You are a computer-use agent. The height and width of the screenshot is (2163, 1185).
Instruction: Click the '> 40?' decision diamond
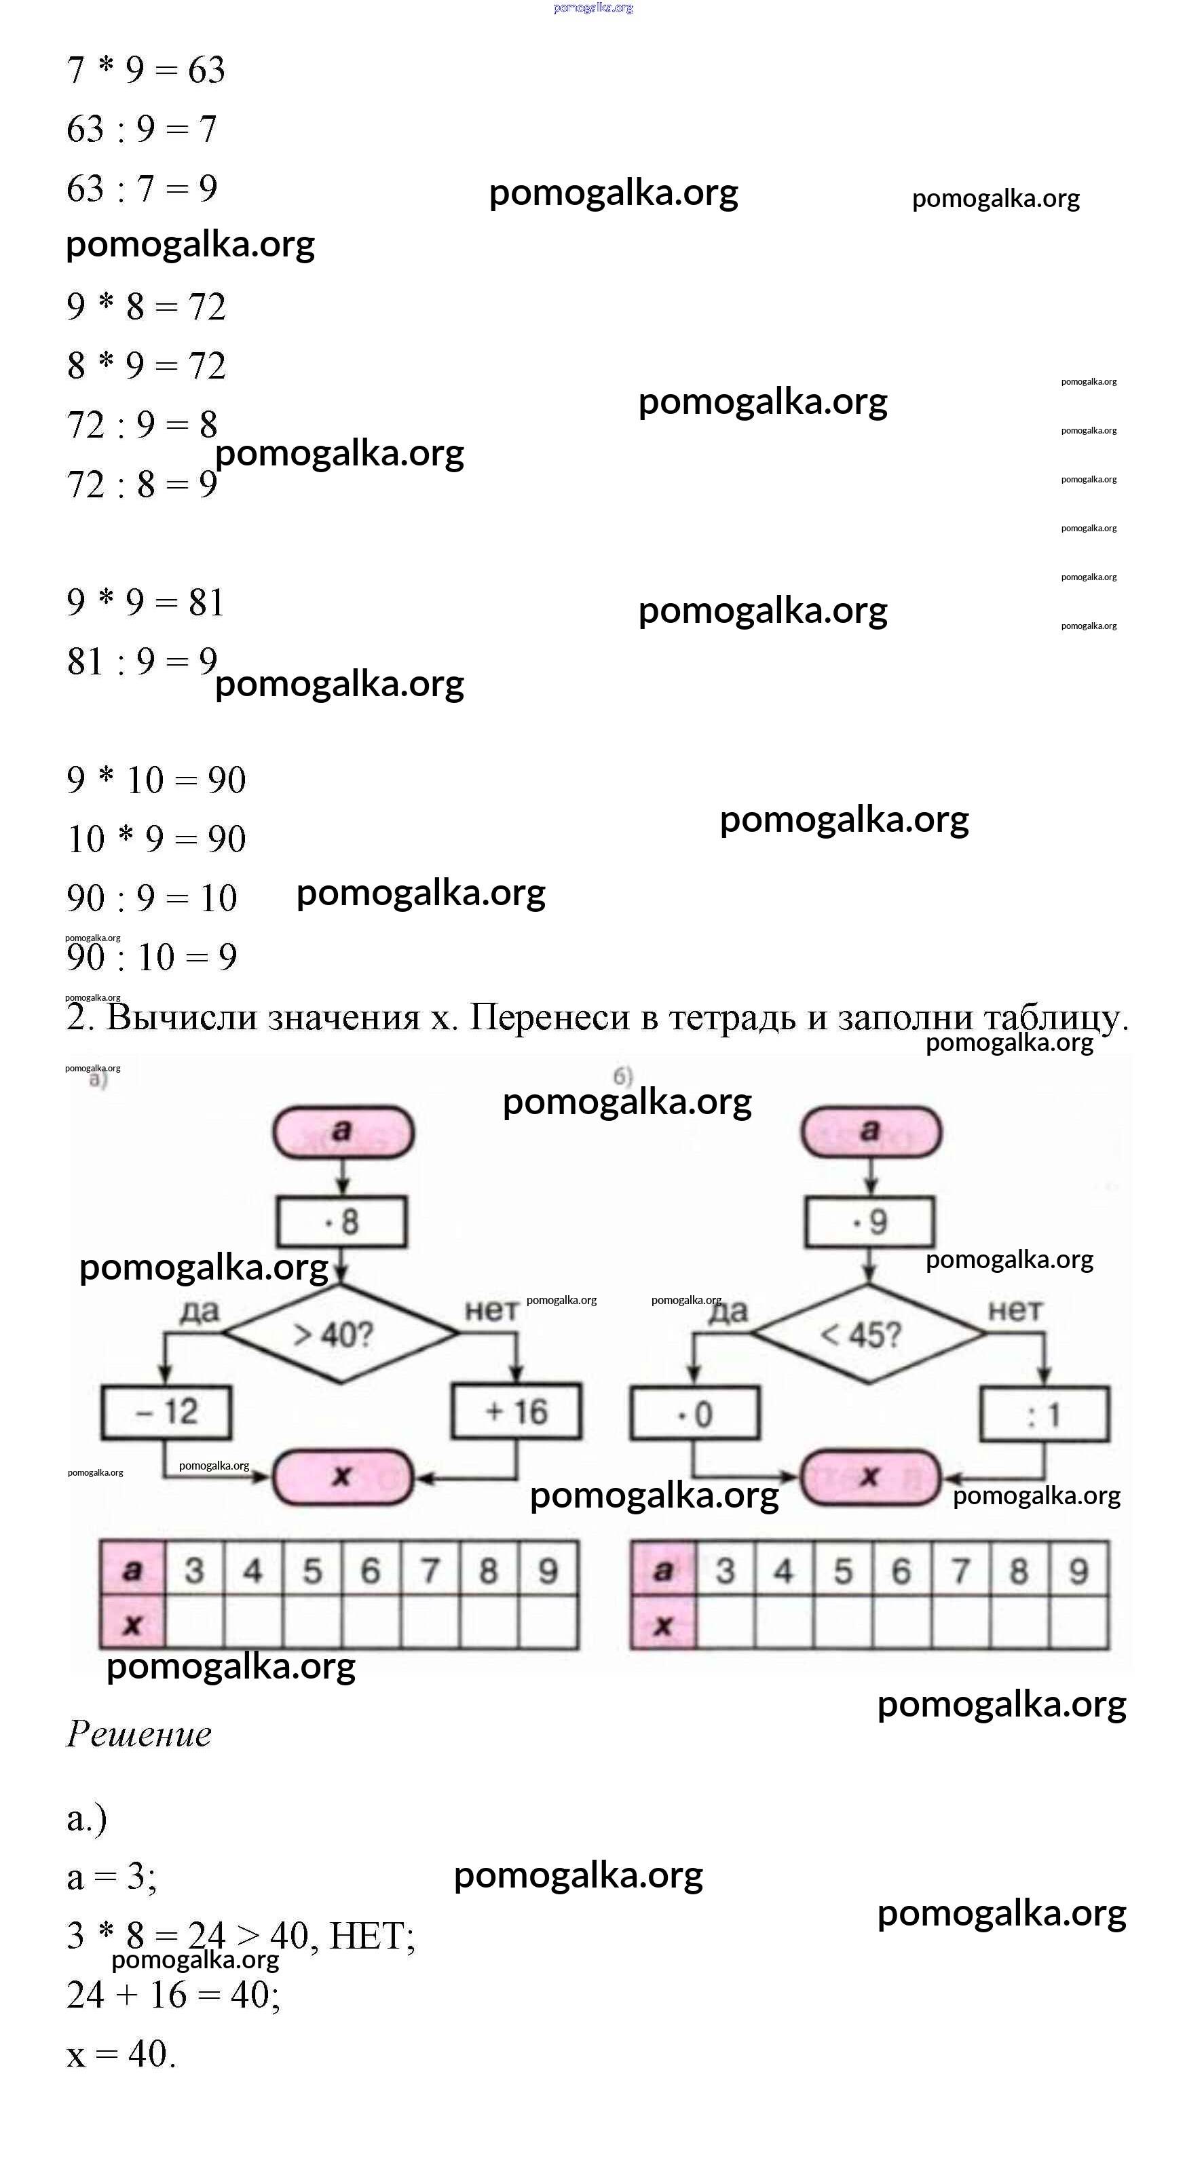pos(341,1333)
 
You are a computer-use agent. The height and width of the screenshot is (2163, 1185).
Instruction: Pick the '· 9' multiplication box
pos(869,1222)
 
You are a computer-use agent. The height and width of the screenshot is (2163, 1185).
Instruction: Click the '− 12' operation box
pos(166,1413)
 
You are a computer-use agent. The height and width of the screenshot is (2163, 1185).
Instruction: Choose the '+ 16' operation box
pos(516,1413)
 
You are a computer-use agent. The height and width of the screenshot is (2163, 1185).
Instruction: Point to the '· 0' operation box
pos(694,1414)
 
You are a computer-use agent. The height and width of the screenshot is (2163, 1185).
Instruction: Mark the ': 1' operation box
pos(1044,1415)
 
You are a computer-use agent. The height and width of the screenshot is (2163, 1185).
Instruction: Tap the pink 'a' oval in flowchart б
pos(871,1132)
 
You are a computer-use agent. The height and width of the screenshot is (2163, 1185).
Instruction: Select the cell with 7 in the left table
pos(430,1570)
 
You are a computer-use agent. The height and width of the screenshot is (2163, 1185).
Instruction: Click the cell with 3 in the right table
pos(725,1570)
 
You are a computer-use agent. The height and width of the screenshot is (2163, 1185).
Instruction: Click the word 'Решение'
pos(139,1735)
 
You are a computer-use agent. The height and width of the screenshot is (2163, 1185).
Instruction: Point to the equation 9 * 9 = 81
pos(146,602)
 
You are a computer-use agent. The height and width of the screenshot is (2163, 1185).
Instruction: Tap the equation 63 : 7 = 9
pos(142,188)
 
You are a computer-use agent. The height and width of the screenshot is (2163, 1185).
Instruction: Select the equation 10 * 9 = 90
pos(156,839)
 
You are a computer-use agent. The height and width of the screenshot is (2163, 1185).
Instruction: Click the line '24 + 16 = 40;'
pos(173,1994)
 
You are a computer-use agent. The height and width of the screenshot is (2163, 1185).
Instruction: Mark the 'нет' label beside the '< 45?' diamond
pos(1015,1310)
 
